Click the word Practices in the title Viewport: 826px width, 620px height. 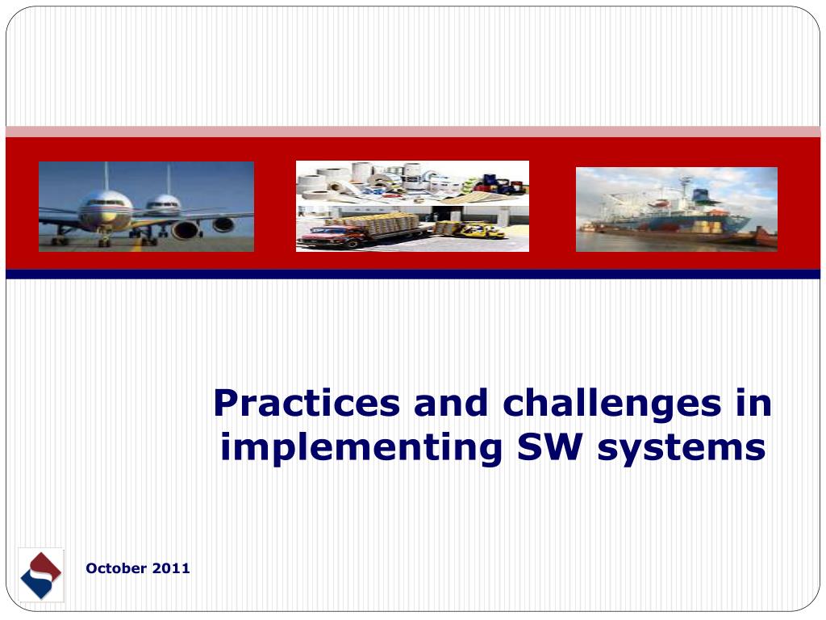point(307,403)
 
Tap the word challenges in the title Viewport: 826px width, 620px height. point(611,404)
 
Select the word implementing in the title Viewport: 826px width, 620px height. point(361,449)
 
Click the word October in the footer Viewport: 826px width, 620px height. point(116,568)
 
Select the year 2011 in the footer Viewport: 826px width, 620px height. point(171,568)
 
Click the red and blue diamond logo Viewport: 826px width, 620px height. point(41,575)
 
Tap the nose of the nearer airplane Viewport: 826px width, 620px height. point(105,211)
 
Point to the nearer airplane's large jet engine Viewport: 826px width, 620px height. point(186,230)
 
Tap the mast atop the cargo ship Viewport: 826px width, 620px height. point(685,185)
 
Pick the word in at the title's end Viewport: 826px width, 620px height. point(753,403)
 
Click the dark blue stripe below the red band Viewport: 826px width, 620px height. point(413,274)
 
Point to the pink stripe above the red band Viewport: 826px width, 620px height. point(413,132)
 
